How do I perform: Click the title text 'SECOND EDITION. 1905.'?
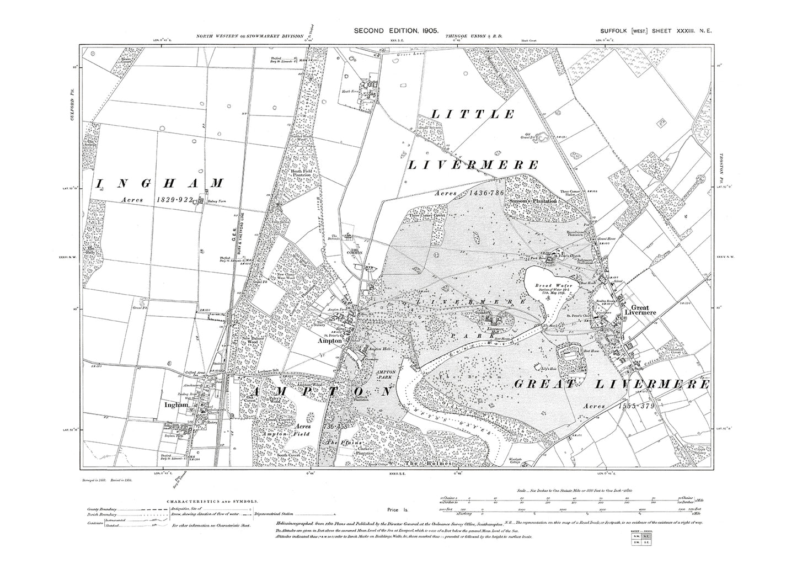point(397,32)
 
